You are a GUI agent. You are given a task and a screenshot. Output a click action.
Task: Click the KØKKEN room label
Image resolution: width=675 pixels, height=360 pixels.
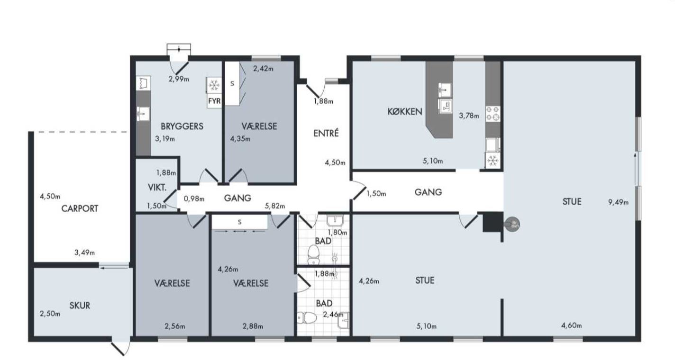point(405,112)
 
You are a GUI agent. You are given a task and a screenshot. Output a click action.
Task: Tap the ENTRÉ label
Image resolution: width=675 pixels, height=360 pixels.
point(326,133)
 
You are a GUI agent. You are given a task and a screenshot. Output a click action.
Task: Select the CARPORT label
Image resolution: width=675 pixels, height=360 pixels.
point(80,208)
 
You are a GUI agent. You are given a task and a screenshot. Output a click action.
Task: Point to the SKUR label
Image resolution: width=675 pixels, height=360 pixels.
point(80,306)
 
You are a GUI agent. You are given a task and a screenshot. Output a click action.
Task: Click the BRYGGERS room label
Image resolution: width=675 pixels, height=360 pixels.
point(182,126)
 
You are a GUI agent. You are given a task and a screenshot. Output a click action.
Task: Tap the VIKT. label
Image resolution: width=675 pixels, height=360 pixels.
point(157,188)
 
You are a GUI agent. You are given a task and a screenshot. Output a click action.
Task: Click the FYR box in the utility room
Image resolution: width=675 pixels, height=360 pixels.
point(214,101)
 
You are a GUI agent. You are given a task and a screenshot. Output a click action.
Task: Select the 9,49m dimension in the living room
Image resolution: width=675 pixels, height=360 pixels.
point(618,202)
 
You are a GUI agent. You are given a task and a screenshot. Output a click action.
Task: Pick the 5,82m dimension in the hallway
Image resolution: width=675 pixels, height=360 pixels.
point(275,206)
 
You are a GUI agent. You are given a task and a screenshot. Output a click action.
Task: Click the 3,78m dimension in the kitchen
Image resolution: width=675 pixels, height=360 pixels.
point(469,116)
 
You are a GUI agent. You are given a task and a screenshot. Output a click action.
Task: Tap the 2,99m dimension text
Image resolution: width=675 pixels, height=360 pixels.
point(179,79)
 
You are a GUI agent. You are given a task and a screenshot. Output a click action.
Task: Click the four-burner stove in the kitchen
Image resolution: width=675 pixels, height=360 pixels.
point(493,114)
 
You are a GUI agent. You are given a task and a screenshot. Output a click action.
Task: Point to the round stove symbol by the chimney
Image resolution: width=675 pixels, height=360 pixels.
point(512,225)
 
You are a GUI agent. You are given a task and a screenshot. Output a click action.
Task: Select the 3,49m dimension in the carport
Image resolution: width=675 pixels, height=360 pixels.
point(85,252)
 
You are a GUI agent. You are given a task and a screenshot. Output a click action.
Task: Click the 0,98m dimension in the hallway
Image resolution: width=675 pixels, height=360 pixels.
point(194,198)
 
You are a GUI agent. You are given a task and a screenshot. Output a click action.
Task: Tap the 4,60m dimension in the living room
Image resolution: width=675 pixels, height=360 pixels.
point(571,325)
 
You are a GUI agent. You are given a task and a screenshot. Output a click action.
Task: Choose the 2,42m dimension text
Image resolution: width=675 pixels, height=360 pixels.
point(263,69)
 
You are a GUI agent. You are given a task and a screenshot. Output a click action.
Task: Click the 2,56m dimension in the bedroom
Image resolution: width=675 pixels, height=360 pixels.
point(175,326)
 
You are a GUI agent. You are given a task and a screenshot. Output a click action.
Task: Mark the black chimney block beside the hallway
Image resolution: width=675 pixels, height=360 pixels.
point(493,222)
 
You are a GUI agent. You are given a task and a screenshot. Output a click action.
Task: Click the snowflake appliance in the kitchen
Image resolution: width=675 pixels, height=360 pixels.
point(493,161)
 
